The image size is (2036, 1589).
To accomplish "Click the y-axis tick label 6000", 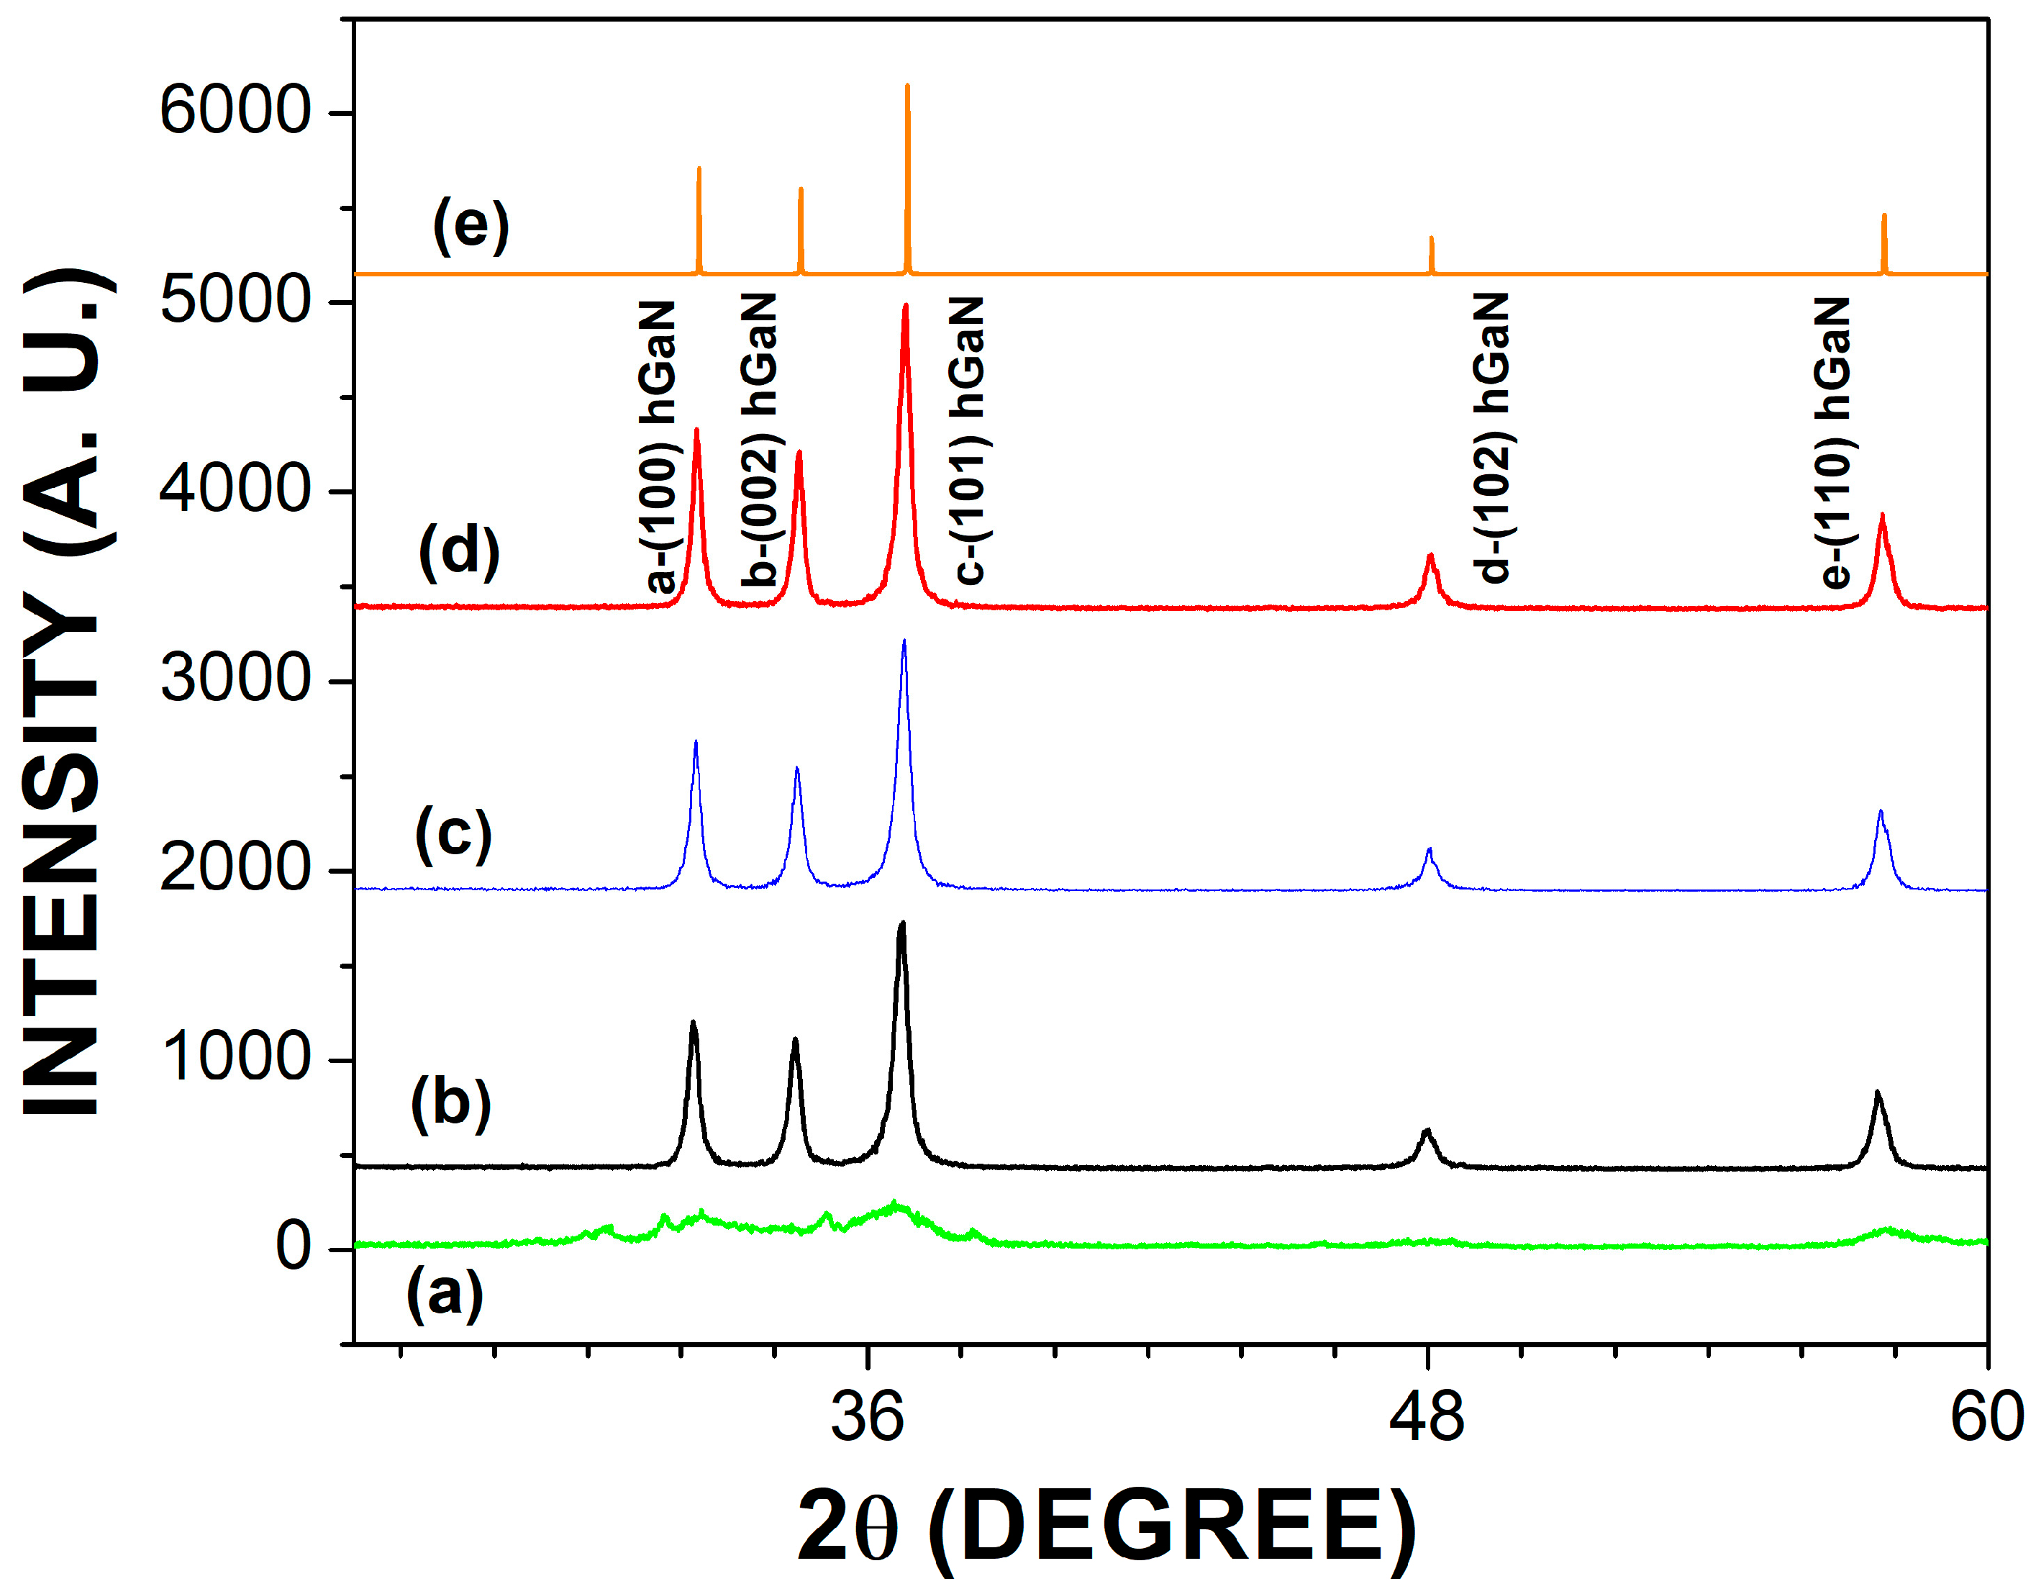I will (234, 111).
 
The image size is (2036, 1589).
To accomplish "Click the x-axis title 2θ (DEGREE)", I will (1105, 1526).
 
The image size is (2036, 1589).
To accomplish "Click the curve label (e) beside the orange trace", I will (471, 227).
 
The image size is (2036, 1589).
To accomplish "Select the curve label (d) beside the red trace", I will (459, 552).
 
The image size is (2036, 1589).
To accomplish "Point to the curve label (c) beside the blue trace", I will (453, 833).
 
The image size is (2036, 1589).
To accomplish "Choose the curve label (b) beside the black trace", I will (450, 1103).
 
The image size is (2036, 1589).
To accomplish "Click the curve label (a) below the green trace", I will (445, 1293).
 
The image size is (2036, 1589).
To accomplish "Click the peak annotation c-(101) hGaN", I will (968, 440).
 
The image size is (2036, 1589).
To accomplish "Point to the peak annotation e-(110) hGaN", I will (1834, 442).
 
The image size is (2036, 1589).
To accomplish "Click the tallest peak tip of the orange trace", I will (907, 86).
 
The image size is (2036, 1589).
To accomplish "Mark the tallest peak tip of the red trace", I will (905, 306).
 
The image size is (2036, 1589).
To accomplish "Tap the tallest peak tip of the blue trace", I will (904, 641).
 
